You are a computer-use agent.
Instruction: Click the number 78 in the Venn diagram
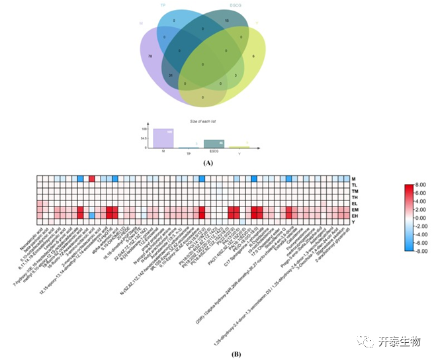(152, 57)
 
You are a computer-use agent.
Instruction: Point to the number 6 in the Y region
(254, 57)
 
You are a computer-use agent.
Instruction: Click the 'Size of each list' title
(203, 122)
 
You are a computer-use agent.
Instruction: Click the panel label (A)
(208, 162)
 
